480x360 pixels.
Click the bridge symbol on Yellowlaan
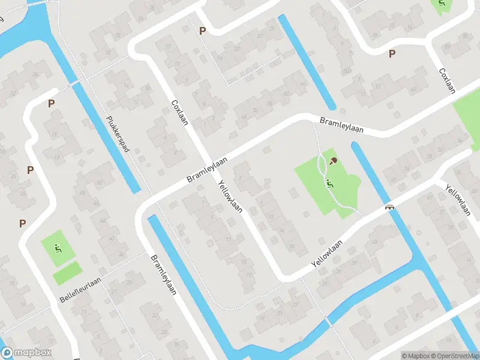pos(390,208)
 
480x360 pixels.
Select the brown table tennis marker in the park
pos(334,160)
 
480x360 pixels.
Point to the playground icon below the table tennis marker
pos(331,183)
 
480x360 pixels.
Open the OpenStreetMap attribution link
pos(457,356)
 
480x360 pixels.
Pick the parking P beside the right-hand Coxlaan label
pos(392,53)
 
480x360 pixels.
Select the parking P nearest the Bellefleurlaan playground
pos(23,223)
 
